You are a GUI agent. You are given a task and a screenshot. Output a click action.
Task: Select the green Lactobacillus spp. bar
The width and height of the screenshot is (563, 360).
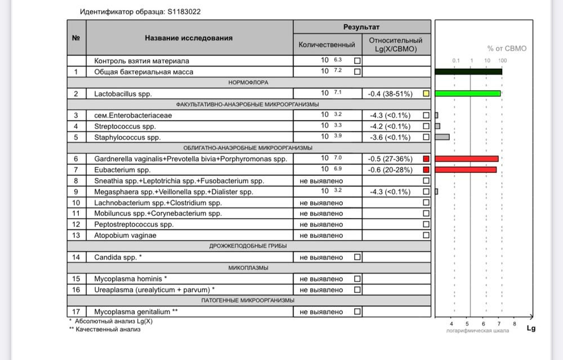tap(467, 94)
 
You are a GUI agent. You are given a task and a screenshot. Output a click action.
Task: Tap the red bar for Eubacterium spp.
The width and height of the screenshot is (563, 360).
tap(466, 170)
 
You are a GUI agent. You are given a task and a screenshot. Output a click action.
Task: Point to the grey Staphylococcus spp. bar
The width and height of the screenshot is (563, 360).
tap(443, 137)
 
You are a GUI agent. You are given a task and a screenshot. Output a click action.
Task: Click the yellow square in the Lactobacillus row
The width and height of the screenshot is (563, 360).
tap(426, 94)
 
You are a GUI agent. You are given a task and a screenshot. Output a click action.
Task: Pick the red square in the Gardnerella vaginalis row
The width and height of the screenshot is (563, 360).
tap(426, 159)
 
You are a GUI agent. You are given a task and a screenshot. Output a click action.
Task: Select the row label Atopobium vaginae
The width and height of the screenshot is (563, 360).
tap(125, 235)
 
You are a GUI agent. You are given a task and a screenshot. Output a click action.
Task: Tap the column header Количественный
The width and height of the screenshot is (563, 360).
tap(327, 45)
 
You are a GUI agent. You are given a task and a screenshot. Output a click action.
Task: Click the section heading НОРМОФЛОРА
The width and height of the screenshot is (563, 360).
tap(248, 83)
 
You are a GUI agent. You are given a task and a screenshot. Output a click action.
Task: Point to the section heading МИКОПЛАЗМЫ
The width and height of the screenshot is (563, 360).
tap(248, 268)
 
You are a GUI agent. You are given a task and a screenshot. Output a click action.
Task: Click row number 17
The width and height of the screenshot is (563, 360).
tap(76, 312)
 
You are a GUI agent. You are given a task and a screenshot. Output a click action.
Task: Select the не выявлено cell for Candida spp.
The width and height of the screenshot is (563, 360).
tap(321, 257)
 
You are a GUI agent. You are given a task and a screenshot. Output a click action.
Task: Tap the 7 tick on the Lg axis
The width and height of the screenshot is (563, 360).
tap(499, 323)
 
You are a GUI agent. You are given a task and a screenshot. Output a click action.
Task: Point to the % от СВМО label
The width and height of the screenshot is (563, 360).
tap(507, 48)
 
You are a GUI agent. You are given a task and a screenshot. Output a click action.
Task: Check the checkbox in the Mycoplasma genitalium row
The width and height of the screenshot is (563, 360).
tap(358, 312)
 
